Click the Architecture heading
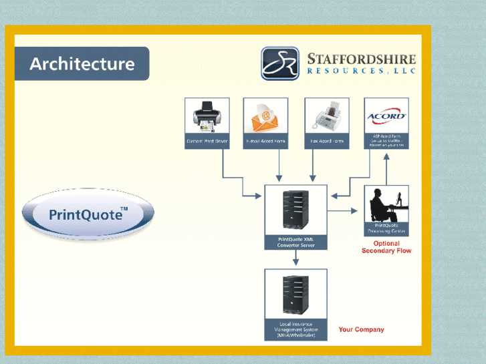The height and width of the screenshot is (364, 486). (82, 64)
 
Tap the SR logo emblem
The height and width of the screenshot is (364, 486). (280, 63)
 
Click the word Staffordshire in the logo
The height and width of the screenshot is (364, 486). (361, 59)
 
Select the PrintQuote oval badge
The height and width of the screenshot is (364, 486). (88, 215)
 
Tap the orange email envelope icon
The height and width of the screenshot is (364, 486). (265, 118)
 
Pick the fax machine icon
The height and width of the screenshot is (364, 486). (327, 118)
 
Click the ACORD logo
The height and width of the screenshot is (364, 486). (386, 116)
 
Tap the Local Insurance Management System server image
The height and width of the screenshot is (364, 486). (295, 295)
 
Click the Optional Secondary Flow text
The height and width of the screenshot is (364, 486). (386, 247)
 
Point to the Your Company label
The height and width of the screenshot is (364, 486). (361, 329)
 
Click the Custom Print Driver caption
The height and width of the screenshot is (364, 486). (207, 142)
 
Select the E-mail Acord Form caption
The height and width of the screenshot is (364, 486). (265, 142)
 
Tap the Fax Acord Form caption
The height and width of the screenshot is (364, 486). (327, 142)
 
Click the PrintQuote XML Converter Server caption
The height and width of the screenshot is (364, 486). (296, 242)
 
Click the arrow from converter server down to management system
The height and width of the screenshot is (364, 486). (296, 259)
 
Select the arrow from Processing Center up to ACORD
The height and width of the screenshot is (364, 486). (386, 166)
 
